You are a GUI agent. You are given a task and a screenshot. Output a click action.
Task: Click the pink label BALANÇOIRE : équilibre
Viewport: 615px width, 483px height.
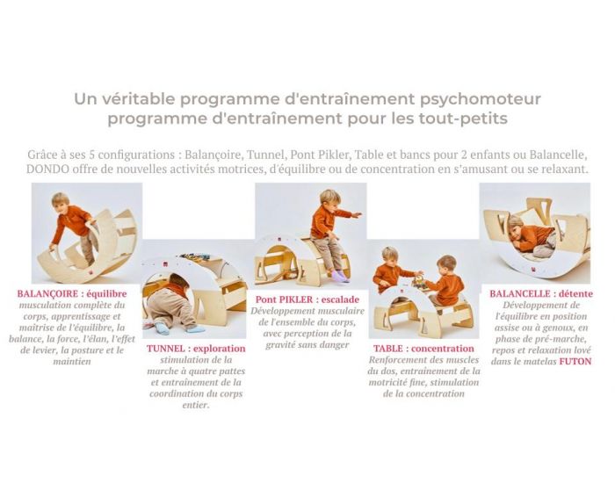pyautogui.click(x=72, y=293)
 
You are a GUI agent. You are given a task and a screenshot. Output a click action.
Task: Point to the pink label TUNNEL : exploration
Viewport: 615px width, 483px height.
pyautogui.click(x=197, y=349)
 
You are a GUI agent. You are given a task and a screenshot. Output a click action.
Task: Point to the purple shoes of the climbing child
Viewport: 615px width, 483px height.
pyautogui.click(x=338, y=276)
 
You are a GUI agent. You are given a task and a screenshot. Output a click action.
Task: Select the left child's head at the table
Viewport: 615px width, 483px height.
pyautogui.click(x=390, y=256)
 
